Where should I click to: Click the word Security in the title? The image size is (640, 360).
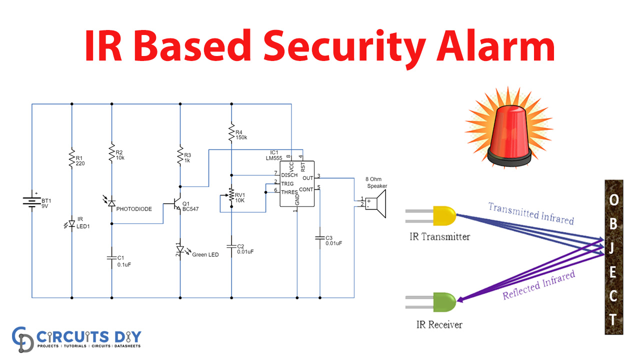[340, 46]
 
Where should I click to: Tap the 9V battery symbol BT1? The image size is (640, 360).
[32, 200]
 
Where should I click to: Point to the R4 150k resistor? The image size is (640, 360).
[231, 133]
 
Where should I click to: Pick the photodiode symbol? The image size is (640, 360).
[111, 202]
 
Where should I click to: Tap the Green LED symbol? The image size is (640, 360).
[180, 248]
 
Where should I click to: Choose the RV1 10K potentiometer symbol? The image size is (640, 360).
[231, 196]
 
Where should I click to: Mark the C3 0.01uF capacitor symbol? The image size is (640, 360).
[319, 237]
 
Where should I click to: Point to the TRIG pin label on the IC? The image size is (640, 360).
[287, 183]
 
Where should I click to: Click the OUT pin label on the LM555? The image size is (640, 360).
[307, 178]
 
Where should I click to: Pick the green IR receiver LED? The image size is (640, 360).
[444, 302]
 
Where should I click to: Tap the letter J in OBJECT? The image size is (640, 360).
[613, 247]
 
